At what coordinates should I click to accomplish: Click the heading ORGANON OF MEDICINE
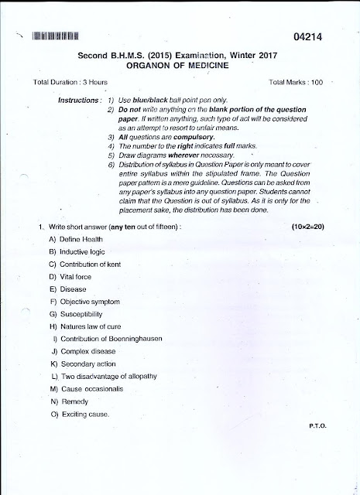tap(183, 66)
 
